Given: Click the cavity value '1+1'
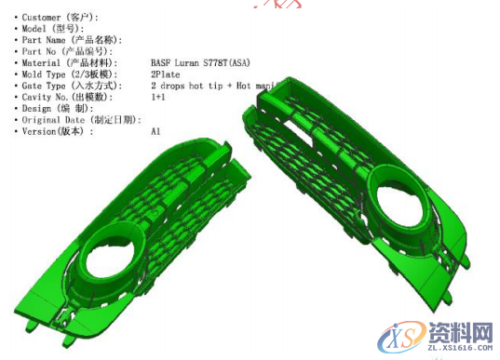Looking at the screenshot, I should coord(158,97).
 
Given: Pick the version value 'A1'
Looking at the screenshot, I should coord(155,131).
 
